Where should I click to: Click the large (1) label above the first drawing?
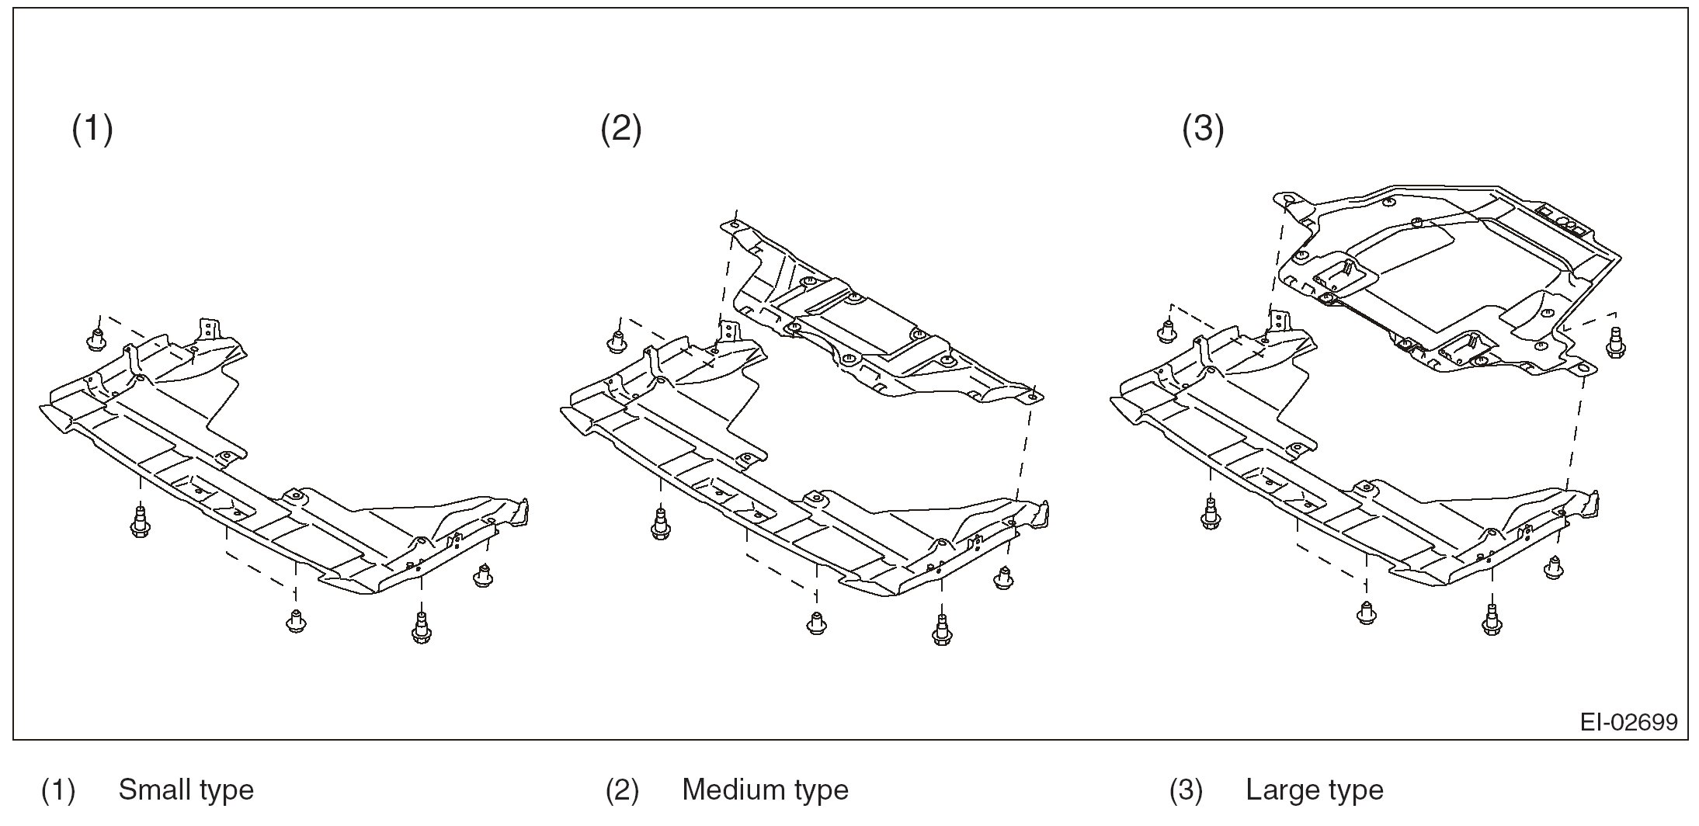(92, 129)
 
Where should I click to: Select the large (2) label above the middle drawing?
(621, 129)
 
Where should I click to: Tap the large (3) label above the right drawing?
(1203, 129)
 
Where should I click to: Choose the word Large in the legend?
(1280, 790)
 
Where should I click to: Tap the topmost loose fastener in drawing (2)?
(617, 341)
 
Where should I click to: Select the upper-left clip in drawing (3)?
(1166, 332)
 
